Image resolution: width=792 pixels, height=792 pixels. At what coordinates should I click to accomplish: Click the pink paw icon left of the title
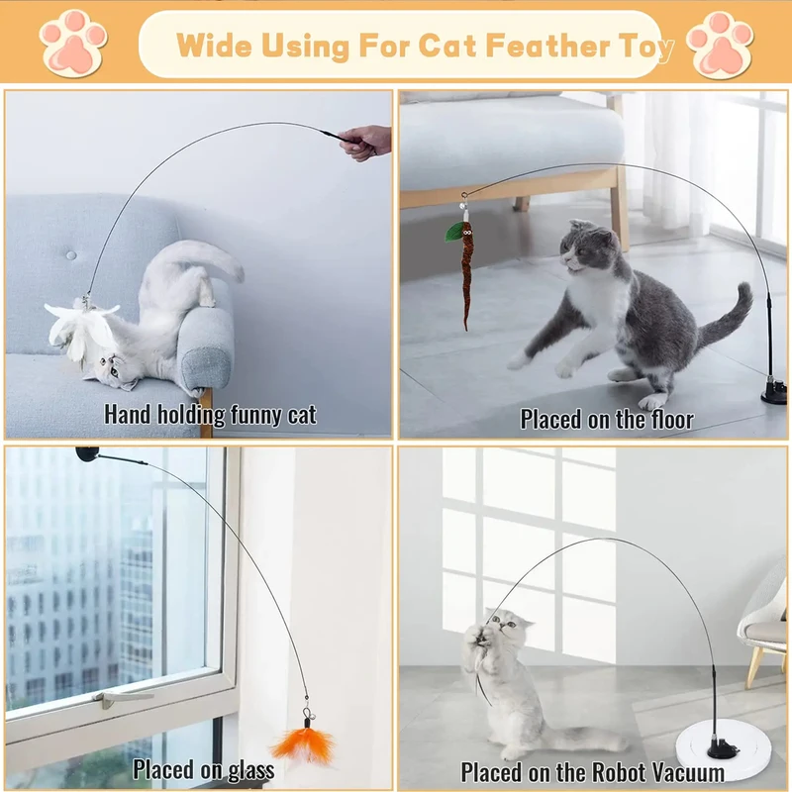click(72, 43)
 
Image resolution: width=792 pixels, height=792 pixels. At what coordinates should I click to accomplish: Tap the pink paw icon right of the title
click(721, 44)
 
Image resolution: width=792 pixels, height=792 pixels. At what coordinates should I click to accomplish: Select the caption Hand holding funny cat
click(210, 414)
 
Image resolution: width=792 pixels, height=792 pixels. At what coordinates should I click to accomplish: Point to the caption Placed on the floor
click(607, 419)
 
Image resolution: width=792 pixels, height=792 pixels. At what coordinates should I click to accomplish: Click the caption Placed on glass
click(204, 768)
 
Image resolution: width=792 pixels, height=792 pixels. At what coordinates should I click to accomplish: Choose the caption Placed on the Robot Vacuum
click(592, 771)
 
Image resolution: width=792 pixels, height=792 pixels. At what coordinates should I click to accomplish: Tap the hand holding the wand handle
click(367, 141)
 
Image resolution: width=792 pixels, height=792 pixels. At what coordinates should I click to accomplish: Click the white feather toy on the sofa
click(84, 325)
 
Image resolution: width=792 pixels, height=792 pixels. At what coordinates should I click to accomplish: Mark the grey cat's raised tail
click(728, 317)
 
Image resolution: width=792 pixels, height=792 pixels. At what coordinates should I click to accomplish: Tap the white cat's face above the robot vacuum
click(503, 631)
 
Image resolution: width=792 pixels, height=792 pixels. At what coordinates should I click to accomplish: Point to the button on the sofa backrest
click(70, 255)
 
